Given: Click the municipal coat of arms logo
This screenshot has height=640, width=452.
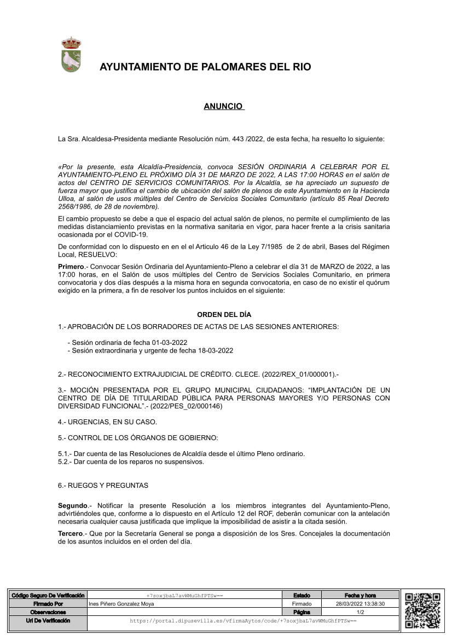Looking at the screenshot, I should point(71,55).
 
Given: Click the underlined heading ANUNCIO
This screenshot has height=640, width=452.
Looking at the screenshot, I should point(224,106).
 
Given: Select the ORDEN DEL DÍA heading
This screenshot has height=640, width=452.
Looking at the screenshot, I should point(224,315).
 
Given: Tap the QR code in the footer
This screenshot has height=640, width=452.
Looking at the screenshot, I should point(423,610).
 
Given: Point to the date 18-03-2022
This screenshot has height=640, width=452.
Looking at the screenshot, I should point(215,350).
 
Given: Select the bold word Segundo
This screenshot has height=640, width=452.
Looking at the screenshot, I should point(72,505).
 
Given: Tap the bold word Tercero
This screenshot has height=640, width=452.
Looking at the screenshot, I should point(71,533).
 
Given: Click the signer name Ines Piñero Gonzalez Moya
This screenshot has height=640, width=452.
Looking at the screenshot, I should point(121,604).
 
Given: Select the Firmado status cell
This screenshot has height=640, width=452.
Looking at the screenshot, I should point(302,604).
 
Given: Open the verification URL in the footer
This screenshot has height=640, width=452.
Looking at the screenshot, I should point(243,621).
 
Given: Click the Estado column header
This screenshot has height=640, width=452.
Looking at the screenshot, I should point(302,595).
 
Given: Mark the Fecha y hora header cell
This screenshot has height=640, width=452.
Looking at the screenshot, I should point(360,595).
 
